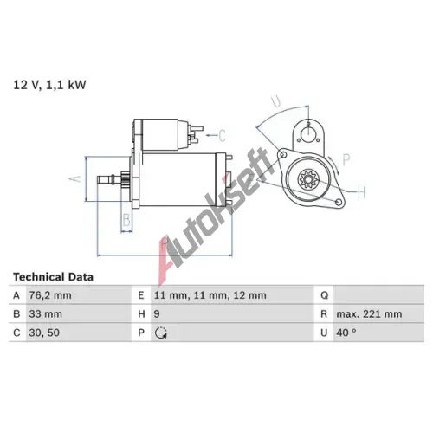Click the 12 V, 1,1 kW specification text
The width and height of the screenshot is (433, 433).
[49, 85]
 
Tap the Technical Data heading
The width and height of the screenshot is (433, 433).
[54, 277]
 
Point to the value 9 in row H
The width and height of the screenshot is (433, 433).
[157, 314]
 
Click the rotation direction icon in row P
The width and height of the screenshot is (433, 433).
[161, 333]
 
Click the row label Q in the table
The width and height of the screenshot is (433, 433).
[324, 295]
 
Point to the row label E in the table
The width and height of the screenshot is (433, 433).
[141, 295]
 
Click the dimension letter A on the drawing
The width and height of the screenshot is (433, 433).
[75, 178]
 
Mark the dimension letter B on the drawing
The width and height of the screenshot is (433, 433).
[126, 220]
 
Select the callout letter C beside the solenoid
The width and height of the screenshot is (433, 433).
[222, 135]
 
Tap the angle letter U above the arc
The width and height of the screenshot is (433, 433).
[276, 101]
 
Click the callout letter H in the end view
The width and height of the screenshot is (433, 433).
[362, 192]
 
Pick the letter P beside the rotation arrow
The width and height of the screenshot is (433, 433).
[346, 159]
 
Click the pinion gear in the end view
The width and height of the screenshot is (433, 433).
[307, 179]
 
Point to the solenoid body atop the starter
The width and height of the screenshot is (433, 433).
[161, 135]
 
